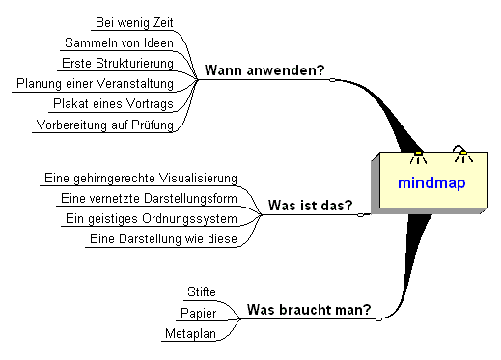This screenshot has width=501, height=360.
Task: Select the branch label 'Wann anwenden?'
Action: pos(264,70)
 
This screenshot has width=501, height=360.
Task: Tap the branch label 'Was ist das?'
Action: pos(309,205)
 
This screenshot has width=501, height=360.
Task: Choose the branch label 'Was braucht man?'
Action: pos(308,310)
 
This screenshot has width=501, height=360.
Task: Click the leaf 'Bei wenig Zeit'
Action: pos(135,22)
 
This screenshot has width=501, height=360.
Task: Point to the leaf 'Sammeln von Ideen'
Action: pos(119,42)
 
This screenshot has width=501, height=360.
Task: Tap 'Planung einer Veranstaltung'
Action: pos(95,84)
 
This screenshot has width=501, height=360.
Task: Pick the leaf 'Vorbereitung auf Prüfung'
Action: pos(104,125)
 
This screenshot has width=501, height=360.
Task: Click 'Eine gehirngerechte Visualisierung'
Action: pos(141,178)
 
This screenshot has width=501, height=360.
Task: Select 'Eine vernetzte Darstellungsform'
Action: pos(148,198)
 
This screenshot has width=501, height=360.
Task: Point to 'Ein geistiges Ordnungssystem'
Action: pos(150,218)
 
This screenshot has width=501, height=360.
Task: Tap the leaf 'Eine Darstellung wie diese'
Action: pos(162,238)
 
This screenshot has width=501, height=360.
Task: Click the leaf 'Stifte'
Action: pos(200,291)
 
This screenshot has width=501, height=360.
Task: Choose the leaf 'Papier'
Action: pos(198,313)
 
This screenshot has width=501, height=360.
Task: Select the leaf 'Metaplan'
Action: pos(190,334)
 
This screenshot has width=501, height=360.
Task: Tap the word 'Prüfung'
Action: pos(149,125)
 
